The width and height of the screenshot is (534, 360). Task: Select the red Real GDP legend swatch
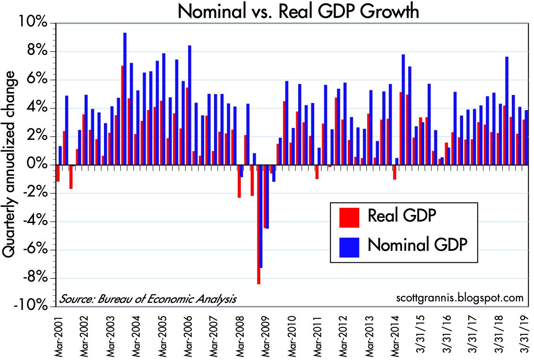pyautogui.click(x=349, y=217)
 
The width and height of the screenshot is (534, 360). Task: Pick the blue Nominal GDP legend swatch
pyautogui.click(x=349, y=246)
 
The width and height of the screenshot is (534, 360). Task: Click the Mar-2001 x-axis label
pyautogui.click(x=59, y=334)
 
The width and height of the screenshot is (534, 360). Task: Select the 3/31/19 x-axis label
pyautogui.click(x=525, y=334)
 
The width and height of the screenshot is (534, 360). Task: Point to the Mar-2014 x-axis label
pyautogui.click(x=395, y=334)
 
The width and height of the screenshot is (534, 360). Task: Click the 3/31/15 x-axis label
pyautogui.click(x=421, y=334)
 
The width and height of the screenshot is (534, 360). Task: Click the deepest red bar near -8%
pyautogui.click(x=258, y=224)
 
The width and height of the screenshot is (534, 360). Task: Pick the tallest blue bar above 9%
pyautogui.click(x=125, y=98)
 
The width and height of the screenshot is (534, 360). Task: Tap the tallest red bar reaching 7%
pyautogui.click(x=122, y=115)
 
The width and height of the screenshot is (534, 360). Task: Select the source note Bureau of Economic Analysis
pyautogui.click(x=147, y=299)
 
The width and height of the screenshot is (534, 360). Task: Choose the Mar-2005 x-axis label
pyautogui.click(x=162, y=334)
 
